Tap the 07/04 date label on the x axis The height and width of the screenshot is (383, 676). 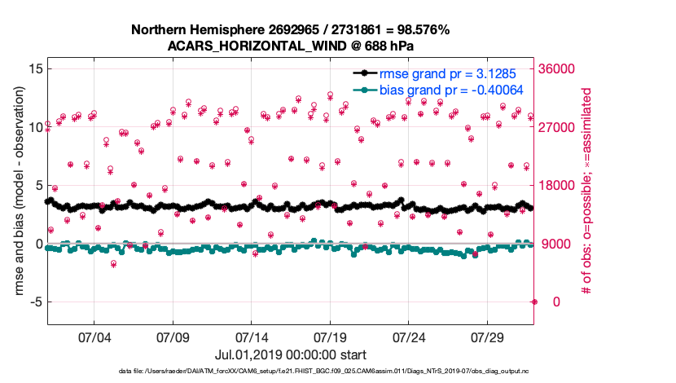pyautogui.click(x=94, y=337)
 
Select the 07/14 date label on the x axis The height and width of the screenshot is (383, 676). pyautogui.click(x=251, y=337)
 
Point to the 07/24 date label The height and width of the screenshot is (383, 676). pyautogui.click(x=409, y=337)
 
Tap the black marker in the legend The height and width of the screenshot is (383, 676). pyautogui.click(x=365, y=73)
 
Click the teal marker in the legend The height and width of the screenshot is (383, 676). pyautogui.click(x=365, y=90)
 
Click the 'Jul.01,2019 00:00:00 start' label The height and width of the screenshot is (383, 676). pyautogui.click(x=290, y=354)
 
